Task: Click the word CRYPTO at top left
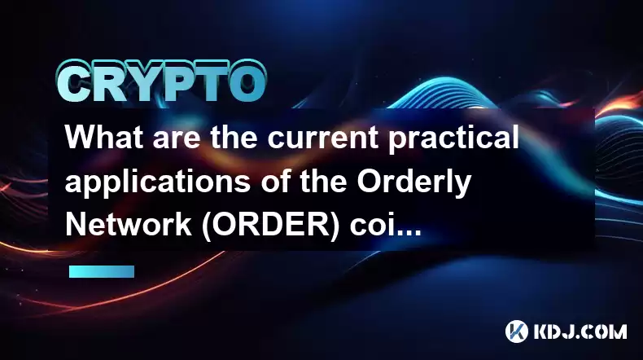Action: [x=162, y=81]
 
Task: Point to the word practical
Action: [x=453, y=139]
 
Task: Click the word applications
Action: [x=158, y=183]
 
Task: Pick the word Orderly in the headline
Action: [x=413, y=183]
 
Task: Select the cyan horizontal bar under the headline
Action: [x=102, y=271]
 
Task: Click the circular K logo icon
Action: [x=517, y=331]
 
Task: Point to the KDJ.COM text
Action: [x=580, y=331]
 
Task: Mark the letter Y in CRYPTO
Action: [x=146, y=82]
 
